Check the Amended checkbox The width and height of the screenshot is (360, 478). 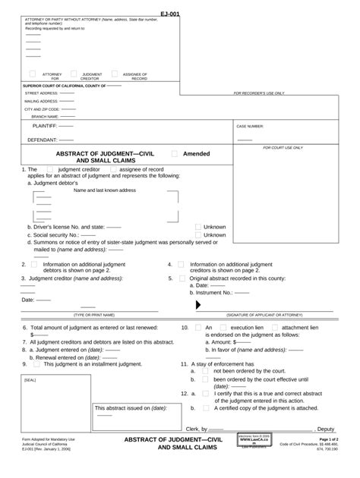175,153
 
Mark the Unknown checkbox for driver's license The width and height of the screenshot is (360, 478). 197,227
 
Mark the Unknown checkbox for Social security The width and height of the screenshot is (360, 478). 197,235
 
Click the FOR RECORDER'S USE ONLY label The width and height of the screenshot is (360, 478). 259,93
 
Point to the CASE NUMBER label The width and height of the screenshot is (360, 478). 250,126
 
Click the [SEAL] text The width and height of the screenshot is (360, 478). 30,380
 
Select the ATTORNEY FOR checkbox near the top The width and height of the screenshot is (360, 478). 32,74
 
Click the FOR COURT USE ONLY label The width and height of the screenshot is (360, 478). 283,148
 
